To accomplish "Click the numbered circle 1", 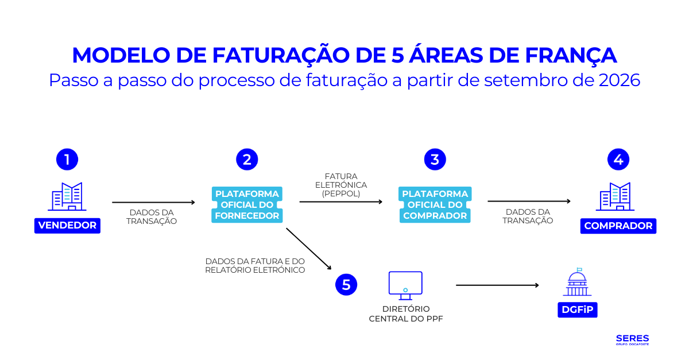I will [67, 159].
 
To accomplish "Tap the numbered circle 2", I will [247, 159].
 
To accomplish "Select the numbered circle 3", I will [435, 159].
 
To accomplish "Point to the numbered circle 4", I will [618, 159].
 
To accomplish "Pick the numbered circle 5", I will [346, 285].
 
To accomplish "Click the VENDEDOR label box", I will [67, 225].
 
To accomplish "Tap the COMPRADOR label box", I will [618, 226].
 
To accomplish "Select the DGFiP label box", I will [578, 310].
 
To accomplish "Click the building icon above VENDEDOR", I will [67, 196].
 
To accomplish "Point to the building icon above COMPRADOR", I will [615, 196].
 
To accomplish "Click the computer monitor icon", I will [405, 285].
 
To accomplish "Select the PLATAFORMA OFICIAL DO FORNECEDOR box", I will [247, 205].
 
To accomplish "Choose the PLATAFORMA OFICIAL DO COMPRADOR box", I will [435, 205].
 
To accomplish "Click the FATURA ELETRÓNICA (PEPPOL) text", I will [341, 185].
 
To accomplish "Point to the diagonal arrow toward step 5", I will [309, 249].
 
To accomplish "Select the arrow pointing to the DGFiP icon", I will [497, 285].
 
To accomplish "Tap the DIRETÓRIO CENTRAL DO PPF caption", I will [405, 313].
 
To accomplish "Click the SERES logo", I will [632, 339].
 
